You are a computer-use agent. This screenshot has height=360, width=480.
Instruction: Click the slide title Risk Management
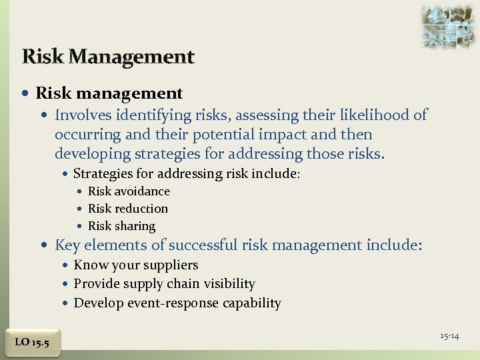tap(108, 57)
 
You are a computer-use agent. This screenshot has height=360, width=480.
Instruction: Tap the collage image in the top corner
tap(449, 25)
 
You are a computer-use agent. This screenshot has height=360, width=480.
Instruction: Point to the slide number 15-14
tap(449, 336)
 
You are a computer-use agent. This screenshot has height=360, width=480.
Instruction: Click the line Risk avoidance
tap(129, 191)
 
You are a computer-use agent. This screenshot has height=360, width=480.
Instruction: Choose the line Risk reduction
tap(128, 209)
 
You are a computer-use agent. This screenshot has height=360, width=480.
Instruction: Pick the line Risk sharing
tap(121, 226)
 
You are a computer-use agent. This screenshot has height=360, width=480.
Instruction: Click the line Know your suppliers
tap(136, 265)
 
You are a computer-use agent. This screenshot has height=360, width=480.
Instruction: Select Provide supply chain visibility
tap(164, 284)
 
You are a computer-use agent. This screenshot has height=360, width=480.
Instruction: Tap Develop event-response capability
tap(177, 303)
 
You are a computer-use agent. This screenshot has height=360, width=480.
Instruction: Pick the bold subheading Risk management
tap(109, 93)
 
